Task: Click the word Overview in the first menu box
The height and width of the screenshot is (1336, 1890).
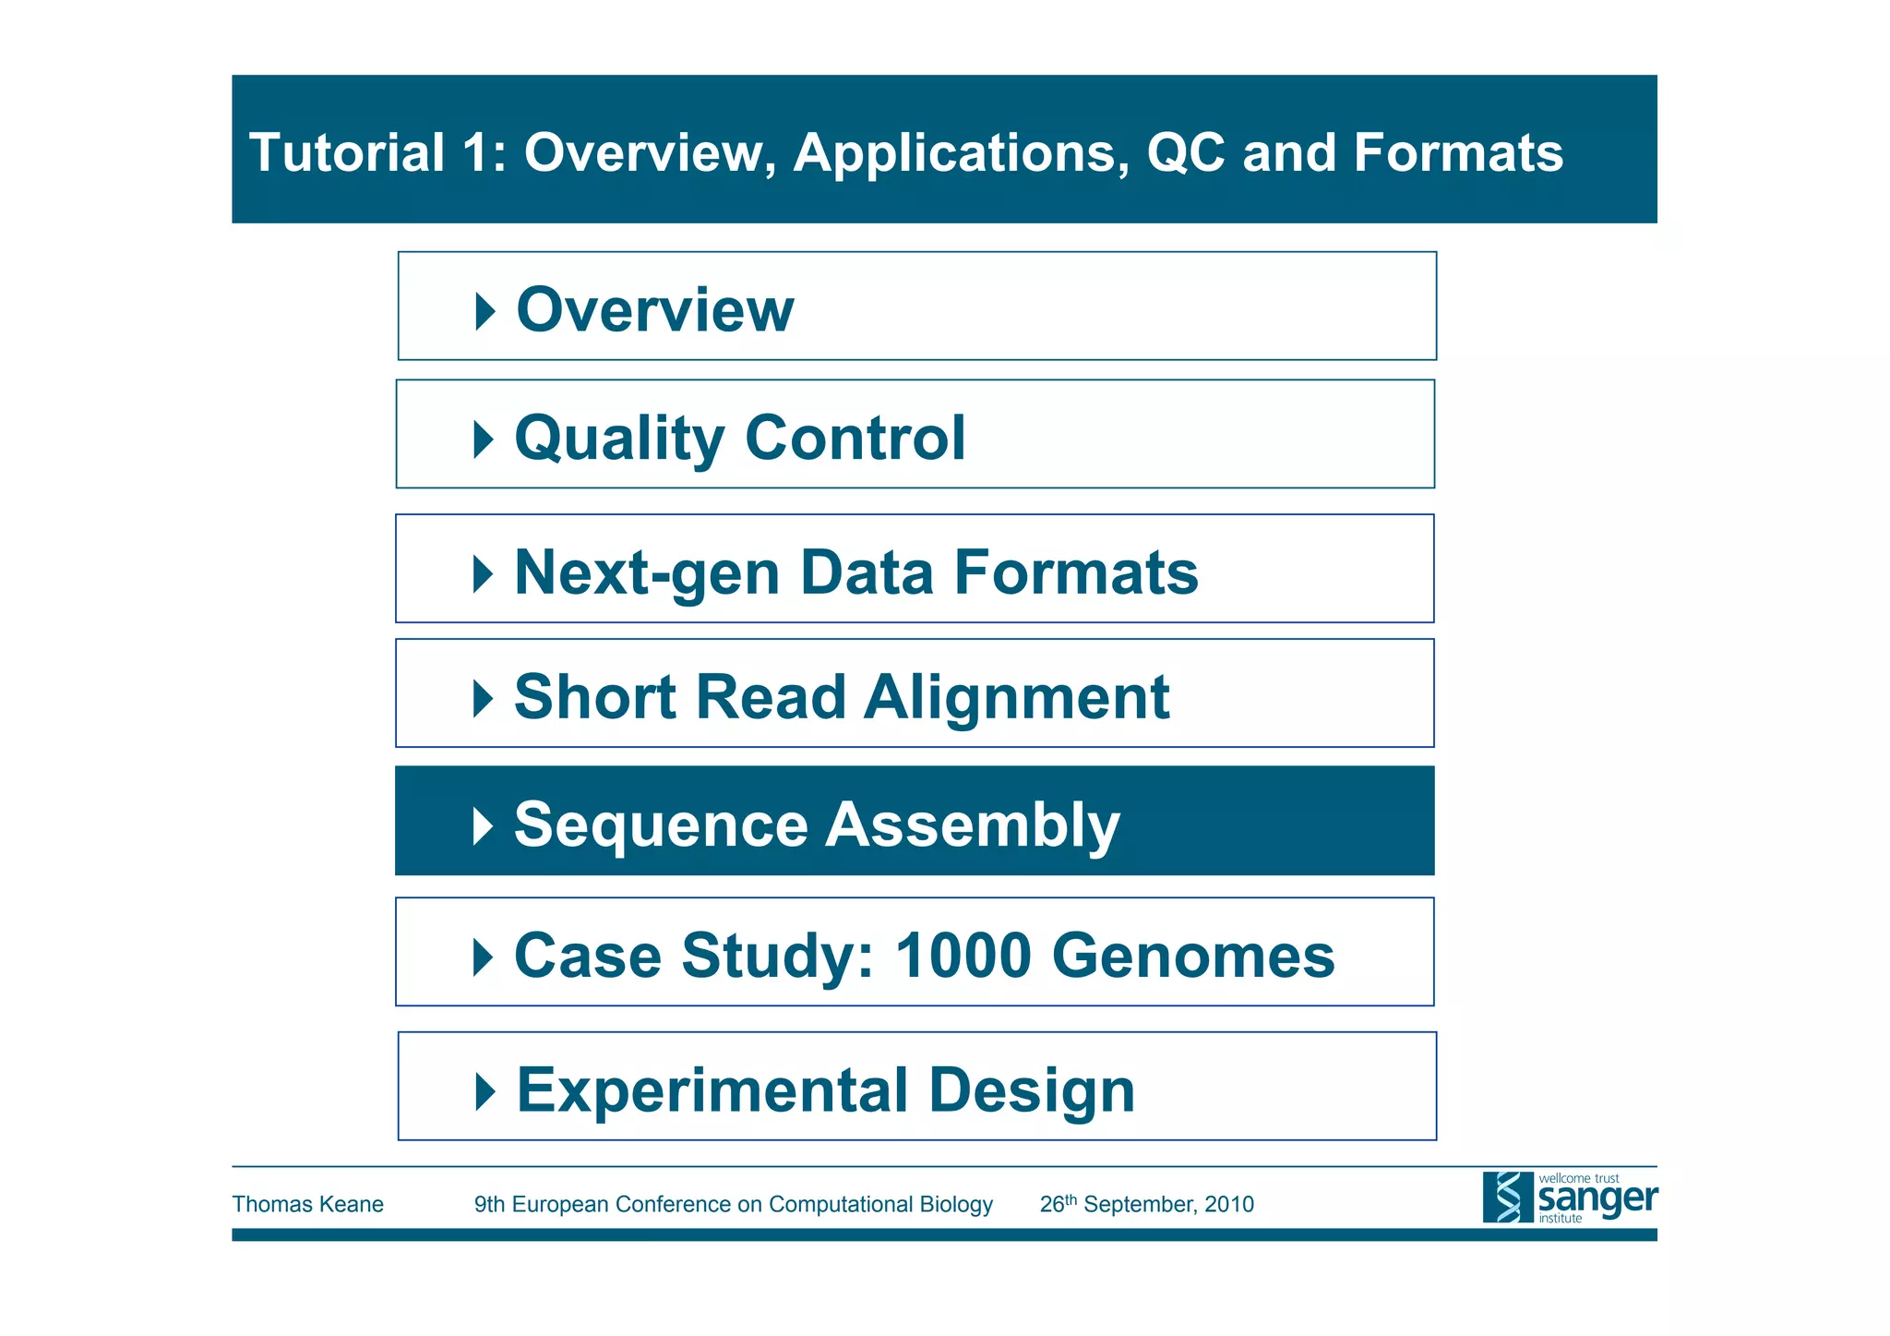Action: [654, 310]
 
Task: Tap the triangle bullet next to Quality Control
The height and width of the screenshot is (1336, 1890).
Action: [484, 439]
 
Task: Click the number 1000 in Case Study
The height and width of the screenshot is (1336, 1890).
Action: [963, 956]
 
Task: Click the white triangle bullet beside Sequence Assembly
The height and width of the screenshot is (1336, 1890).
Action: [483, 825]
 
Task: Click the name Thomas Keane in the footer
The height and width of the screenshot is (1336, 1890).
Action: [307, 1204]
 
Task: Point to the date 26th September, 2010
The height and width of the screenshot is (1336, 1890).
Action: [1146, 1204]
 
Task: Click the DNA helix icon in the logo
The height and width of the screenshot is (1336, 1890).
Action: [1507, 1198]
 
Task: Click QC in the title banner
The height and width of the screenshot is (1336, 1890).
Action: [1185, 152]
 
